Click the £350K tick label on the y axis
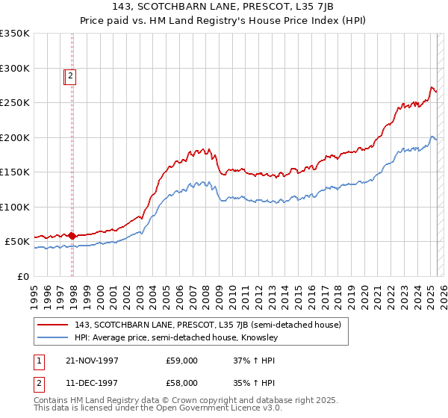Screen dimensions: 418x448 point(15,34)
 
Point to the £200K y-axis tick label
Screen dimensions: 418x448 point(15,137)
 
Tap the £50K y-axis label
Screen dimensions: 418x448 point(18,242)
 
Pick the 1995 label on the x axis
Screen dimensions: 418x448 point(34,291)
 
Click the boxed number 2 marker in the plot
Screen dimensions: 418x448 point(70,75)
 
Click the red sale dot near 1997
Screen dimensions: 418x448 point(72,236)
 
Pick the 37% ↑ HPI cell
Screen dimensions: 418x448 point(254,361)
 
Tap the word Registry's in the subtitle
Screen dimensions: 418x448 point(279,22)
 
